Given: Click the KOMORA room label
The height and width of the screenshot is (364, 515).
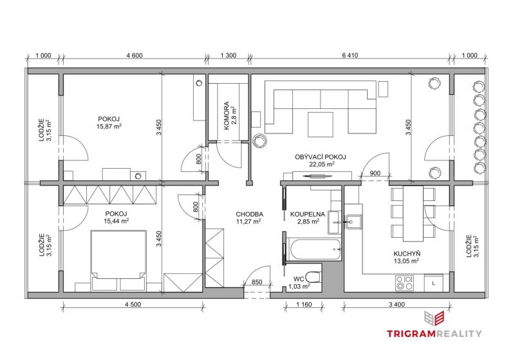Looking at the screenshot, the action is point(227,116).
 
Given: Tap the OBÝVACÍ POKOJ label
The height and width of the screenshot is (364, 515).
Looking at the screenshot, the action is point(320,157).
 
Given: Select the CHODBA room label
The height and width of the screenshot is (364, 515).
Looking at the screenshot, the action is point(250,215).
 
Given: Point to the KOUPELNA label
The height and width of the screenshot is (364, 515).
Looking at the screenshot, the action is point(308,215).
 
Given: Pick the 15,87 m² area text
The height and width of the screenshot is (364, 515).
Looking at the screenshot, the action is point(109,126).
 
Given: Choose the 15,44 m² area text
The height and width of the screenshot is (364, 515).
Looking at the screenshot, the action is point(117,221).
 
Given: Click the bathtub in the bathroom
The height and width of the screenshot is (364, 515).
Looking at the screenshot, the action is point(314,249).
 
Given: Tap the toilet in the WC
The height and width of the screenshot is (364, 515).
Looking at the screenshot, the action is point(313,277).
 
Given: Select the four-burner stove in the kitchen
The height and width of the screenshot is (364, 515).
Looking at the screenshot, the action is point(404,283).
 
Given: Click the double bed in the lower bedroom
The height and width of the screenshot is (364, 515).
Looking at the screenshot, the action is point(118,260).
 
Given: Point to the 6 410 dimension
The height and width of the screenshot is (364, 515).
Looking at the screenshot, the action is point(350,55).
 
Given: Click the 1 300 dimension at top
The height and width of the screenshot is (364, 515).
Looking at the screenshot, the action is point(229,55).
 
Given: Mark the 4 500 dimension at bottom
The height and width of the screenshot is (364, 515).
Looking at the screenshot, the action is point(133,305).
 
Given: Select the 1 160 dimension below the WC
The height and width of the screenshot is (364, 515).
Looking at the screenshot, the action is point(304,305).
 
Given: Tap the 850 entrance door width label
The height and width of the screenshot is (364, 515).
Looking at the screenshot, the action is point(257,282).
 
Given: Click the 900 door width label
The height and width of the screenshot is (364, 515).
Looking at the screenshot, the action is point(375,173).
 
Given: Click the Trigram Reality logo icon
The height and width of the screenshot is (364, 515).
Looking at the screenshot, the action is point(434,318).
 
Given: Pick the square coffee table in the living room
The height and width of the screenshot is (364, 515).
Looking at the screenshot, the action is point(320,124).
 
